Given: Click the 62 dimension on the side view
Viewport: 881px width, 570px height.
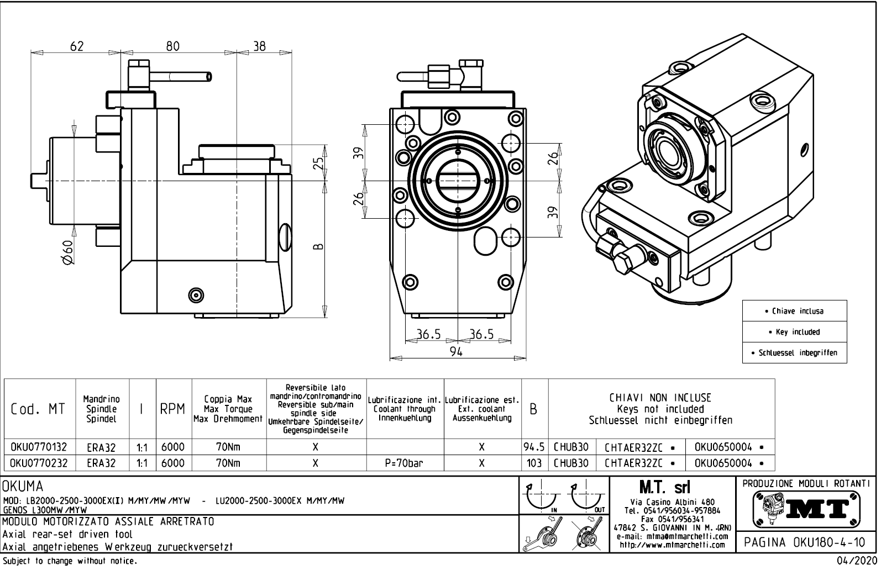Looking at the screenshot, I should click(x=77, y=46).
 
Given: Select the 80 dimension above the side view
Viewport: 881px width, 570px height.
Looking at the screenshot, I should click(x=173, y=46).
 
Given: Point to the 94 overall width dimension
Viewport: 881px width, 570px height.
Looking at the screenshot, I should click(x=456, y=352).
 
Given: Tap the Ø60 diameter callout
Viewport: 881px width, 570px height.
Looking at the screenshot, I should click(x=67, y=253).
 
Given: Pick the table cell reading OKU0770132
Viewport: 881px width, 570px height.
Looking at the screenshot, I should click(x=38, y=447).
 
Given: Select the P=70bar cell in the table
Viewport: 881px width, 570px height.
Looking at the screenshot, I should click(x=404, y=463).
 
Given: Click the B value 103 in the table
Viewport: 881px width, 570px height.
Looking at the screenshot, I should click(x=534, y=463).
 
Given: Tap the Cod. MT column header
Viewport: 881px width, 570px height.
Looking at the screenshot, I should click(x=38, y=409).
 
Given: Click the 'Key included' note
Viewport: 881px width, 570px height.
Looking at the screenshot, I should click(x=794, y=332).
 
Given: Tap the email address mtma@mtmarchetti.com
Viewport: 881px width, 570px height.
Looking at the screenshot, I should click(x=671, y=536).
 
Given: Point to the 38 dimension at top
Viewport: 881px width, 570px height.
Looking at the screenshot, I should click(x=259, y=46).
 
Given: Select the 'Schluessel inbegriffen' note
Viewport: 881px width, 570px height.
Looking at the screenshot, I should click(x=794, y=352).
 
